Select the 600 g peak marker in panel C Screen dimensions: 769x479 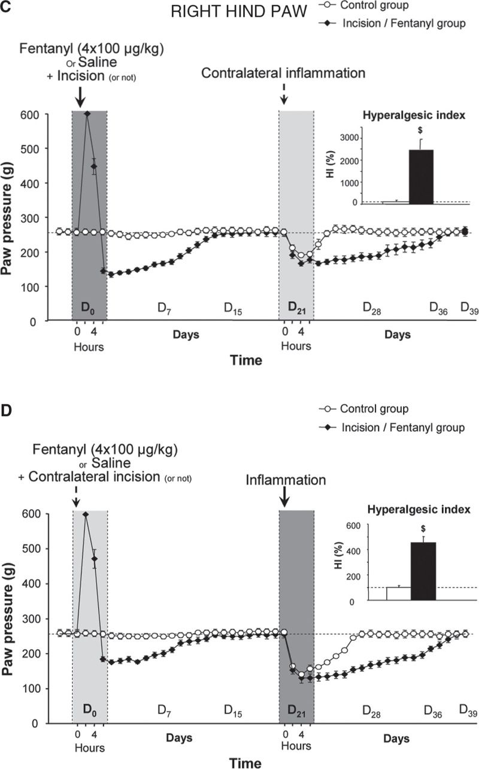point(87,113)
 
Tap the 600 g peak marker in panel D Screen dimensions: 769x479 point(86,514)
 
